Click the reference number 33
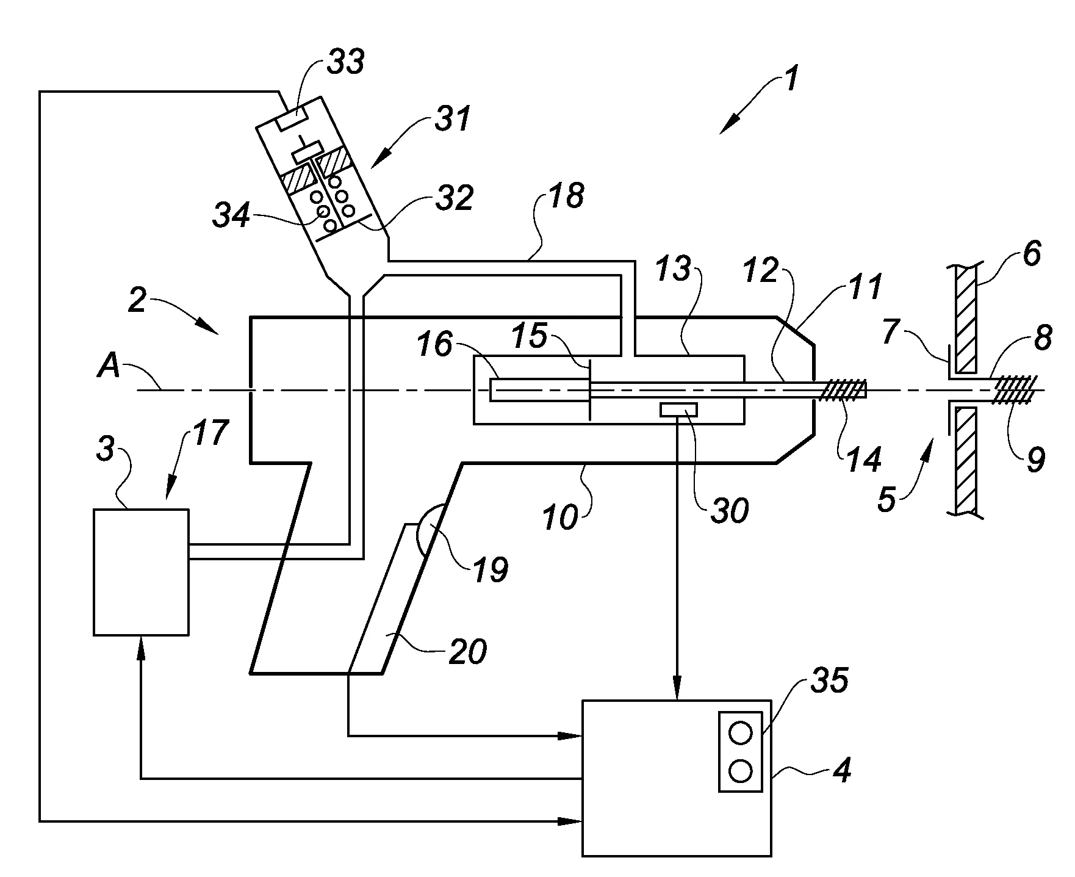pyautogui.click(x=345, y=63)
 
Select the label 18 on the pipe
pyautogui.click(x=567, y=196)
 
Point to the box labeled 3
pyautogui.click(x=141, y=572)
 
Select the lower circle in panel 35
pyautogui.click(x=740, y=772)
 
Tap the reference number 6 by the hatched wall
pyautogui.click(x=1031, y=253)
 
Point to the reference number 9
pyautogui.click(x=1035, y=460)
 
